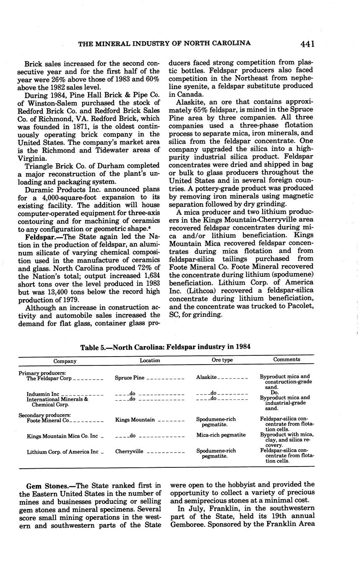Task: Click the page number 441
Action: (x=307, y=44)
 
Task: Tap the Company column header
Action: (x=65, y=361)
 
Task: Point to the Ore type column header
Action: (x=222, y=360)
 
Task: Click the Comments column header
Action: (x=287, y=360)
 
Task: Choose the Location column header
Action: (x=150, y=360)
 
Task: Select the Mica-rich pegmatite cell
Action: (x=221, y=435)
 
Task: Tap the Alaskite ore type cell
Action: (x=206, y=377)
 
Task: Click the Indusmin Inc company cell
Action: (x=43, y=394)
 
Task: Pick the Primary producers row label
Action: (x=42, y=373)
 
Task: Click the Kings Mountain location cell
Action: (x=135, y=420)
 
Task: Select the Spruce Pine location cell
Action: (x=129, y=378)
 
